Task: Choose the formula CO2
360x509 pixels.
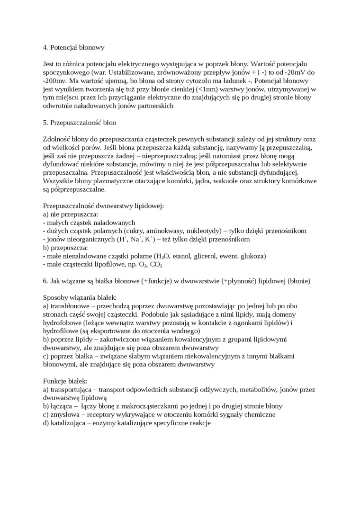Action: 156,265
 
